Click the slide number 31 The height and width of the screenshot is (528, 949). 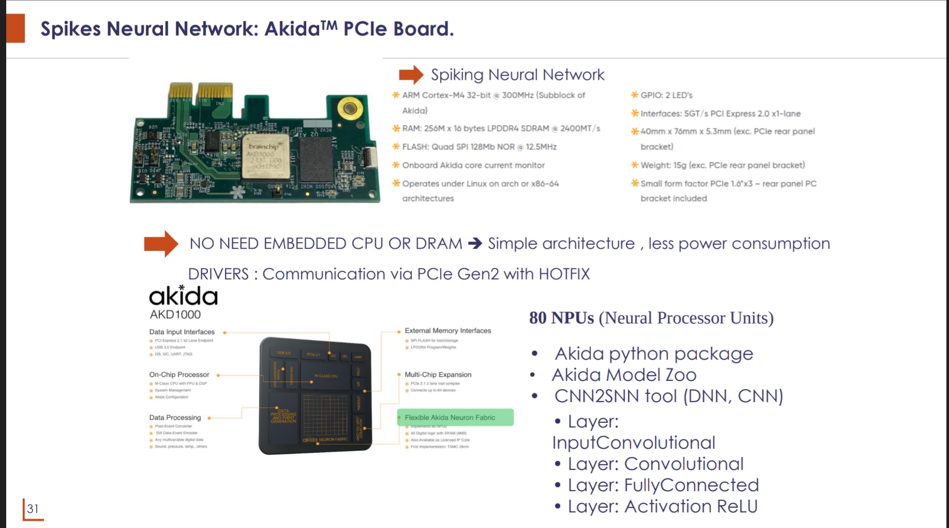pyautogui.click(x=33, y=509)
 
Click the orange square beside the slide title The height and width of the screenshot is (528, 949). pyautogui.click(x=16, y=28)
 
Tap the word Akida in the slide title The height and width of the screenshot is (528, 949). pyautogui.click(x=292, y=29)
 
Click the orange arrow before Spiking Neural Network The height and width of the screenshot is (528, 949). pyautogui.click(x=411, y=75)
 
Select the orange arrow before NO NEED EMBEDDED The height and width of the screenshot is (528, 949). pyautogui.click(x=161, y=243)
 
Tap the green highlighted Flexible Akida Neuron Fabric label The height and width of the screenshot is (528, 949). pyautogui.click(x=450, y=417)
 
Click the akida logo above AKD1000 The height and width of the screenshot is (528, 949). pyautogui.click(x=183, y=296)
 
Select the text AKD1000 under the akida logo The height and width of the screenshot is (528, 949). pyautogui.click(x=175, y=315)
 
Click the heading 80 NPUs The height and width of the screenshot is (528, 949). pyautogui.click(x=561, y=318)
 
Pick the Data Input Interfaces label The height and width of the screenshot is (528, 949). pyautogui.click(x=182, y=332)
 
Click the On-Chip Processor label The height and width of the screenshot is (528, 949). pyautogui.click(x=179, y=374)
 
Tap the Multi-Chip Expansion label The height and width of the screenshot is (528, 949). pyautogui.click(x=438, y=374)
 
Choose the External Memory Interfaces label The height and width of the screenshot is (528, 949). pyautogui.click(x=448, y=330)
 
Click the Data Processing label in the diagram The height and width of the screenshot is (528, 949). pyautogui.click(x=175, y=417)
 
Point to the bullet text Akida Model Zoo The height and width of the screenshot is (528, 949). pyautogui.click(x=624, y=375)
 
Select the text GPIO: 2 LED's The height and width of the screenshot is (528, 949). pyautogui.click(x=666, y=95)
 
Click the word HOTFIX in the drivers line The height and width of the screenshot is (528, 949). pyautogui.click(x=564, y=274)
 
